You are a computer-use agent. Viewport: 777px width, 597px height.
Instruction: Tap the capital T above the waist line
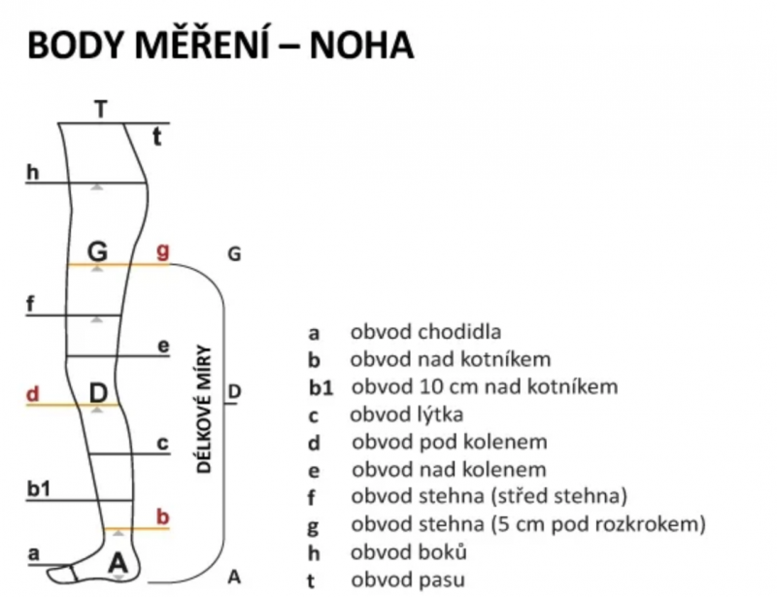pyautogui.click(x=101, y=109)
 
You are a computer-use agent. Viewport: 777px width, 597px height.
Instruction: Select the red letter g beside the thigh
pyautogui.click(x=163, y=251)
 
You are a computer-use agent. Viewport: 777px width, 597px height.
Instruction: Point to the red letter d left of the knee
pyautogui.click(x=32, y=394)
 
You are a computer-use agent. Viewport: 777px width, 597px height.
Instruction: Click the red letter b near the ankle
pyautogui.click(x=162, y=516)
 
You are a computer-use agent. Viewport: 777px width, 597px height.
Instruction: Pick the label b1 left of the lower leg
pyautogui.click(x=39, y=489)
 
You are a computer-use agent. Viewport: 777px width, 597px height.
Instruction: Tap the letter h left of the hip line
pyautogui.click(x=33, y=172)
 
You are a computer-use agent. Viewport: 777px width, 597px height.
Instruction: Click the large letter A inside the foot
pyautogui.click(x=118, y=561)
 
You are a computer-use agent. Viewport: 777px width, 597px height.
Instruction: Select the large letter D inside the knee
pyautogui.click(x=98, y=392)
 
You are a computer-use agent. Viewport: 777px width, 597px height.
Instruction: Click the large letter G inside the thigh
pyautogui.click(x=97, y=251)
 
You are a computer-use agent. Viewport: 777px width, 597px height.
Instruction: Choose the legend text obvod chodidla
pyautogui.click(x=413, y=332)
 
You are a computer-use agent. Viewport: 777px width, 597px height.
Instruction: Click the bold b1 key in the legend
pyautogui.click(x=321, y=388)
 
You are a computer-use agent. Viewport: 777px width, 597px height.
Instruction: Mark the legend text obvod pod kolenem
pyautogui.click(x=449, y=443)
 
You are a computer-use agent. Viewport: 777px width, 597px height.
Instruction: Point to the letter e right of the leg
pyautogui.click(x=162, y=346)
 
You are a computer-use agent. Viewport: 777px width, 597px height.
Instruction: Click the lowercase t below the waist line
pyautogui.click(x=157, y=137)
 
